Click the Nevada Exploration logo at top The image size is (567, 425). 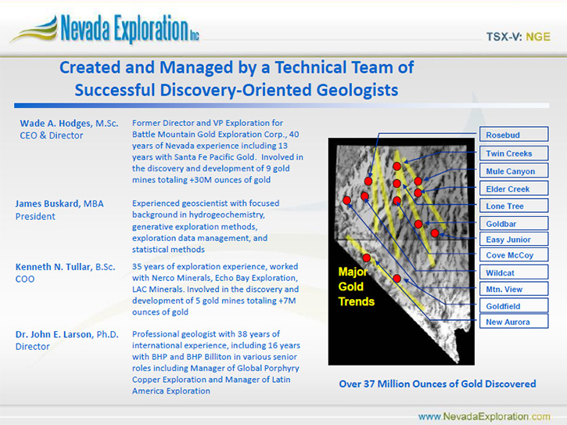pos(105,29)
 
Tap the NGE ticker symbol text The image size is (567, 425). pos(538,37)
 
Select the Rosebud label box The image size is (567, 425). pos(514,135)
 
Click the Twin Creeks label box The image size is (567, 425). pos(514,153)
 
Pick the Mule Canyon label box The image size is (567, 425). pos(514,171)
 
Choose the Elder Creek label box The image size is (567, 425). pos(514,189)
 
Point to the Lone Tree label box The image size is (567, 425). pos(514,206)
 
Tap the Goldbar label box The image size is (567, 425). pos(514,223)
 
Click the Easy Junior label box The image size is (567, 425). pos(514,240)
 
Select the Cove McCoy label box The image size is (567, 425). pos(514,255)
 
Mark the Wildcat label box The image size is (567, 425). pos(514,272)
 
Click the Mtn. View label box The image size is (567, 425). pos(514,289)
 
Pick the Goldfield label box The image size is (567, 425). pos(514,305)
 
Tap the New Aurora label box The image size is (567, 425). pos(514,322)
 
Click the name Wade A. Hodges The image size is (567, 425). pos(56,124)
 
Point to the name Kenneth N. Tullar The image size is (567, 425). pos(53,267)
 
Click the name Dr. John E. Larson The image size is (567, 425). pos(54,334)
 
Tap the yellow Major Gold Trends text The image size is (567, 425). pos(356,286)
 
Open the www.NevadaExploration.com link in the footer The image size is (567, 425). pos(484,416)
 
